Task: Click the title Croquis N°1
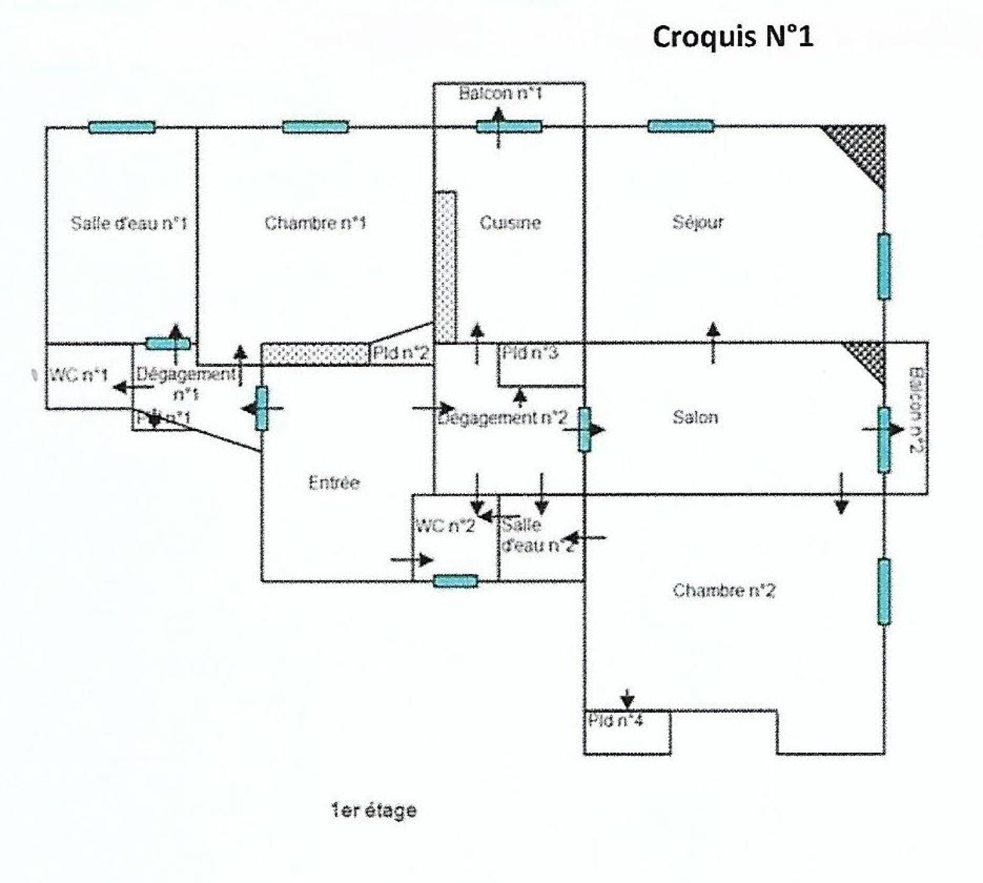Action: pos(732,37)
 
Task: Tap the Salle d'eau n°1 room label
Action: pos(128,222)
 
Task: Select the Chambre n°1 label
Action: pos(315,222)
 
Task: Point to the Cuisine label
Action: pos(510,222)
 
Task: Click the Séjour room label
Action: pos(698,222)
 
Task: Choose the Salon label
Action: pos(695,418)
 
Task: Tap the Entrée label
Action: pos(334,483)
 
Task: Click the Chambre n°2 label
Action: pos(724,591)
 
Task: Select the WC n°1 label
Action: pos(79,375)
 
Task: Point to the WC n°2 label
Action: pos(445,526)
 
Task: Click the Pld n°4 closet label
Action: pos(615,720)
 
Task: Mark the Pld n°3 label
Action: pos(530,353)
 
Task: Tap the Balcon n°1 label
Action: pos(501,93)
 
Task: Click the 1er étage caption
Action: pos(374,811)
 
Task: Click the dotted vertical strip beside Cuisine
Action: pos(445,267)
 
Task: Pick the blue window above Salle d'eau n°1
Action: pos(122,127)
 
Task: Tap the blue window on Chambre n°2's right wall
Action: pos(883,591)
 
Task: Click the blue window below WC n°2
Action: pos(455,581)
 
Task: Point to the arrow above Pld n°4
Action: pos(627,699)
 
